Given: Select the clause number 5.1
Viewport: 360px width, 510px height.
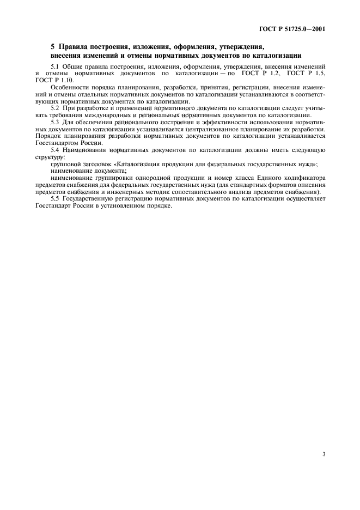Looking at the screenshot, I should click(55, 66).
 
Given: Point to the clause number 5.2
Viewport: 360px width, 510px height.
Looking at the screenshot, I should click(55, 107).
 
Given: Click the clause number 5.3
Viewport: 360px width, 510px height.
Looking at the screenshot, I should click(55, 122).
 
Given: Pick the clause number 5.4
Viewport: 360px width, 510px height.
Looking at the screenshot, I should click(55, 149).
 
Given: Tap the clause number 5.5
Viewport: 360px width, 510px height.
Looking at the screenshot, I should click(55, 198).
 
